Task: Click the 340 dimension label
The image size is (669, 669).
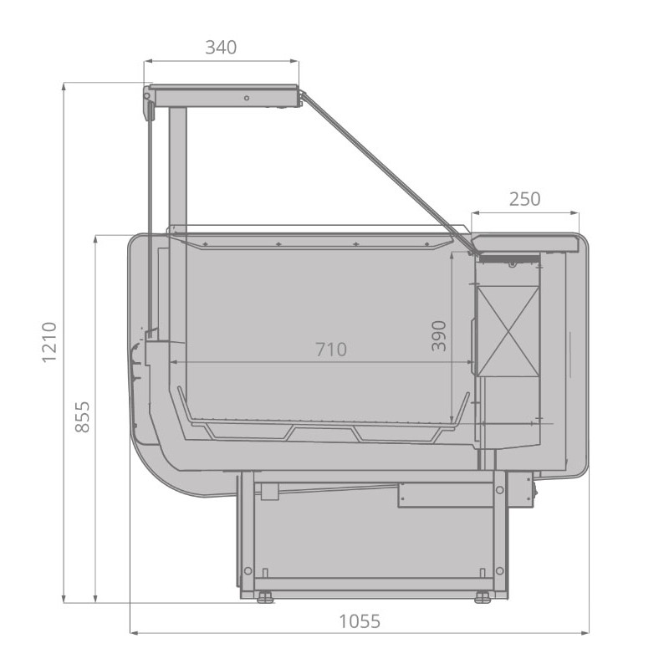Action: coord(221,48)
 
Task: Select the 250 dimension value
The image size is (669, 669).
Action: coord(525,199)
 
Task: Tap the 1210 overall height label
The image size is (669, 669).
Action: coord(49,342)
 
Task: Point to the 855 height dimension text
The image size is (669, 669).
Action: coord(82,416)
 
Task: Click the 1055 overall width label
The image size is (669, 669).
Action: coord(360,621)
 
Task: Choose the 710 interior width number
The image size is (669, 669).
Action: coord(331,350)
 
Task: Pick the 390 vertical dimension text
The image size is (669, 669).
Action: coord(439,336)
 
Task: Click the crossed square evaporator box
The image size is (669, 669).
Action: coord(508,331)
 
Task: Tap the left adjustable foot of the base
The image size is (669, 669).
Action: coord(265,597)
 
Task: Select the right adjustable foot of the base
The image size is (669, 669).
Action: coord(483,597)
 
